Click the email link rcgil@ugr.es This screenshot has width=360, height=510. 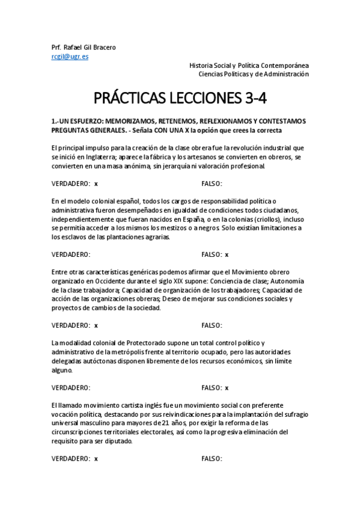[70, 57]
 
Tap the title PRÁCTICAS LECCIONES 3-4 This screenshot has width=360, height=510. [180, 99]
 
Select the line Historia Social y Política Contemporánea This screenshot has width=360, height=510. [249, 65]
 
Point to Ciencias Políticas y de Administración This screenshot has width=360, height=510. [254, 74]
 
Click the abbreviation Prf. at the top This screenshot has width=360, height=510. [57, 48]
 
